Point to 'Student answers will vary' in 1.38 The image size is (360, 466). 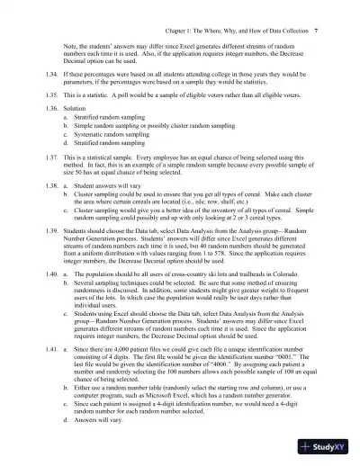pyautogui.click(x=112, y=188)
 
